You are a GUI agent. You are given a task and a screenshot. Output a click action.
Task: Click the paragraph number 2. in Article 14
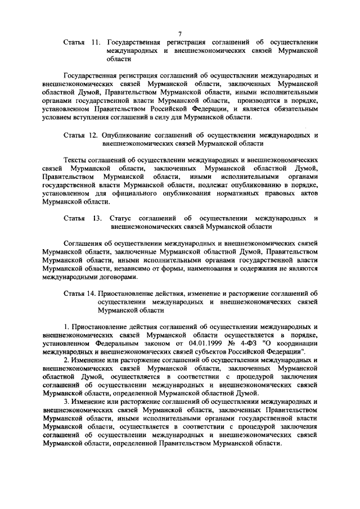[x=66, y=359]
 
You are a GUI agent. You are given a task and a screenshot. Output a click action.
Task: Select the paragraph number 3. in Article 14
[x=66, y=402]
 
